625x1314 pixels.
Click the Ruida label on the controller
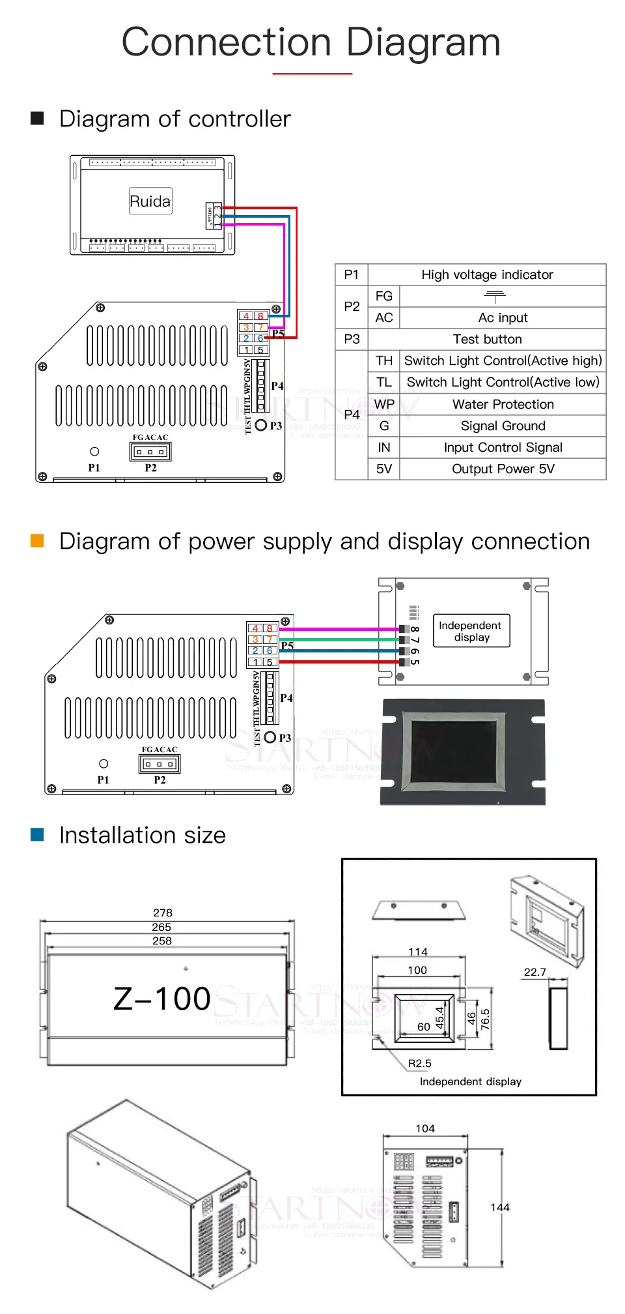coord(150,201)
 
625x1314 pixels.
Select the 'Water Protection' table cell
coord(503,404)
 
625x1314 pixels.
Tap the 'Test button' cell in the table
coord(487,339)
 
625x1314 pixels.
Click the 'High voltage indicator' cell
coord(487,274)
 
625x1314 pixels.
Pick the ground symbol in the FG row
coord(495,297)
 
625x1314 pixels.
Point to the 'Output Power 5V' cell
coord(503,469)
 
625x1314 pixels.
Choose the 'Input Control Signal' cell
coord(503,447)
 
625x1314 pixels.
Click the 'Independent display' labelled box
coord(471,631)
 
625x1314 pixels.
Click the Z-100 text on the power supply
coord(162,999)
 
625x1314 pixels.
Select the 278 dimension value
coord(163,912)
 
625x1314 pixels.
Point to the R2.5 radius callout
coord(420,1063)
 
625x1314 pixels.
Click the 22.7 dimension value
coord(535,972)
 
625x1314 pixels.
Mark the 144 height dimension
coord(500,1207)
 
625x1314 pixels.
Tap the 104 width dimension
coord(425,1128)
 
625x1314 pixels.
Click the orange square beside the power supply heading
coord(37,541)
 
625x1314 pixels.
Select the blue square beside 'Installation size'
coord(37,835)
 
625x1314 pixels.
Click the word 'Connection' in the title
coord(227,42)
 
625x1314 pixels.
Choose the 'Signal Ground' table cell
coord(503,426)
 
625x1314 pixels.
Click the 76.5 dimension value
coord(485,1019)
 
